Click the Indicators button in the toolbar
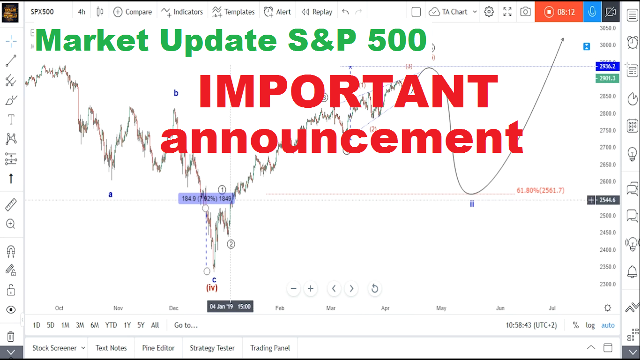(182, 12)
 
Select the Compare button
(133, 12)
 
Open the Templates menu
(233, 12)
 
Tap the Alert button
(277, 12)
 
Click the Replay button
(317, 12)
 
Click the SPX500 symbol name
(42, 12)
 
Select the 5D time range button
(51, 325)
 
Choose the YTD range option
(111, 325)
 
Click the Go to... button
(186, 325)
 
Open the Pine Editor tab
(158, 348)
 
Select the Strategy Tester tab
(212, 348)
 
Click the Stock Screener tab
(54, 348)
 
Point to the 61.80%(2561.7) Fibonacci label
(540, 190)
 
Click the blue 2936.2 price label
(607, 66)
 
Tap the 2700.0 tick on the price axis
(607, 147)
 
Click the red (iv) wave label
(212, 288)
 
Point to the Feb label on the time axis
(280, 308)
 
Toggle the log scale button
(590, 325)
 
